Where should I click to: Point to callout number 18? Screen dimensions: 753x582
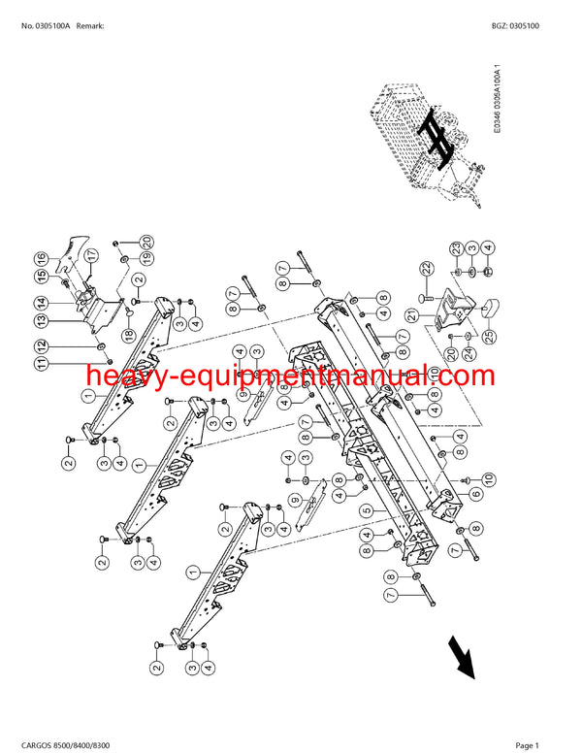pos(126,335)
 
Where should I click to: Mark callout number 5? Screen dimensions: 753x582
pos(366,510)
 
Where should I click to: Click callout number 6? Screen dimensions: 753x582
pos(476,495)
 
